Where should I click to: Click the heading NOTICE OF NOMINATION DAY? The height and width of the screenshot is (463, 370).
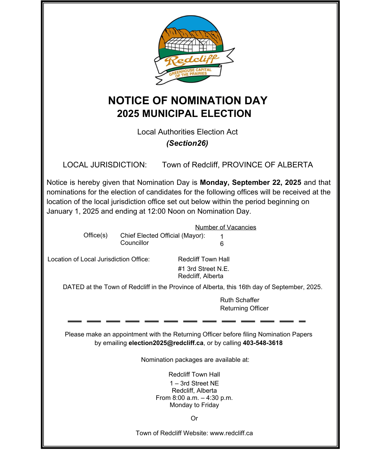(x=188, y=100)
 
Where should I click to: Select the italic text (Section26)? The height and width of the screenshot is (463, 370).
(x=187, y=143)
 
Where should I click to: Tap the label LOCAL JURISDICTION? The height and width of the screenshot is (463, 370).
(x=105, y=165)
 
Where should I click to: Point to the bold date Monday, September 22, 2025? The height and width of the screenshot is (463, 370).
(x=250, y=182)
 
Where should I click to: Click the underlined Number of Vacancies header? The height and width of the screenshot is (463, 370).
(x=225, y=227)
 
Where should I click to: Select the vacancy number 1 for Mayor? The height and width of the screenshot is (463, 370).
(x=222, y=237)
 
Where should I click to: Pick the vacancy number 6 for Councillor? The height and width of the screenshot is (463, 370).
(x=222, y=244)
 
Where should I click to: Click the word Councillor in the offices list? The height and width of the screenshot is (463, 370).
(x=135, y=243)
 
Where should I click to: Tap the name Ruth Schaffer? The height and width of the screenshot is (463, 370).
(x=240, y=300)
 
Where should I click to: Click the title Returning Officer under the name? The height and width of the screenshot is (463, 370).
(x=244, y=308)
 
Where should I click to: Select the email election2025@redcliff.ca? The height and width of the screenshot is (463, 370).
(x=166, y=343)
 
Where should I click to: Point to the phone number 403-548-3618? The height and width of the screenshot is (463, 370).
(x=263, y=343)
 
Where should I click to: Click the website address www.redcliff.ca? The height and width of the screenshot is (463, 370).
(x=231, y=433)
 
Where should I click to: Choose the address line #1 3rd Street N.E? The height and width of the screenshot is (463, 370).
(x=203, y=269)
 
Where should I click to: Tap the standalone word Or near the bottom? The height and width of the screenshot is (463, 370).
(x=194, y=418)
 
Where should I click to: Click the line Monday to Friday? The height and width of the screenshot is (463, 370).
(x=194, y=405)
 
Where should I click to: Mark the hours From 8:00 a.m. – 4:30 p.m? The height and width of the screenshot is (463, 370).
(x=194, y=398)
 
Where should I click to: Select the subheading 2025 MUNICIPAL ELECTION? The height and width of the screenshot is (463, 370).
(x=184, y=114)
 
